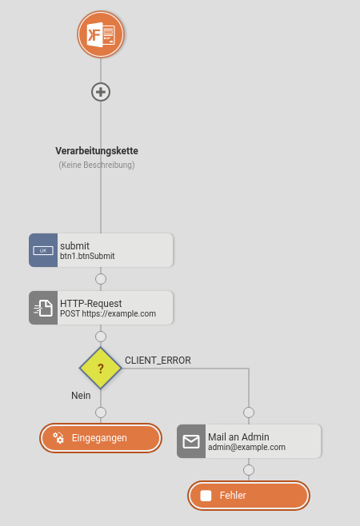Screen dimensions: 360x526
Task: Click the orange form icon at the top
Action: pyautogui.click(x=101, y=34)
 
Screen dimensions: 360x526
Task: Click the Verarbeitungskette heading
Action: pyautogui.click(x=97, y=151)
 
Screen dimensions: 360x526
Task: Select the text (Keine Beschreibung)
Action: pyautogui.click(x=97, y=165)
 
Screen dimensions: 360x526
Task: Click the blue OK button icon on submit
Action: pyautogui.click(x=43, y=250)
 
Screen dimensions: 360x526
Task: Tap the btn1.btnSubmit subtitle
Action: pyautogui.click(x=87, y=257)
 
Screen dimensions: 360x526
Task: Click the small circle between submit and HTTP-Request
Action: pyautogui.click(x=101, y=279)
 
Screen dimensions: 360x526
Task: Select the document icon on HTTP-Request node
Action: pyautogui.click(x=43, y=308)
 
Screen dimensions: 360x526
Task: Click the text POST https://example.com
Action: pyautogui.click(x=108, y=313)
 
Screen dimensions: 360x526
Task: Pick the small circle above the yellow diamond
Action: pyautogui.click(x=101, y=336)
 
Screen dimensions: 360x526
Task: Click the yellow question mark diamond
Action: pyautogui.click(x=101, y=369)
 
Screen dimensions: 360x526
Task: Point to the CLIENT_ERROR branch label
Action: pyautogui.click(x=158, y=361)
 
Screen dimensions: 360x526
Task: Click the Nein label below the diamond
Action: pyautogui.click(x=81, y=396)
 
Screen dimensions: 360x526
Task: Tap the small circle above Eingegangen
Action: pyautogui.click(x=101, y=412)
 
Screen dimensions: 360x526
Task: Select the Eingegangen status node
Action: pyautogui.click(x=101, y=438)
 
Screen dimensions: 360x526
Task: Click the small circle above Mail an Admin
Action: pyautogui.click(x=249, y=412)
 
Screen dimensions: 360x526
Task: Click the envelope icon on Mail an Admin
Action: pyautogui.click(x=191, y=441)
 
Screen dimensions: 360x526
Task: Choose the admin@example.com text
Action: pyautogui.click(x=247, y=447)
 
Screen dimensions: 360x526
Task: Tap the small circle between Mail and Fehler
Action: pyautogui.click(x=249, y=470)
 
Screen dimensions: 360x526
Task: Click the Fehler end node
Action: pyautogui.click(x=249, y=496)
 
